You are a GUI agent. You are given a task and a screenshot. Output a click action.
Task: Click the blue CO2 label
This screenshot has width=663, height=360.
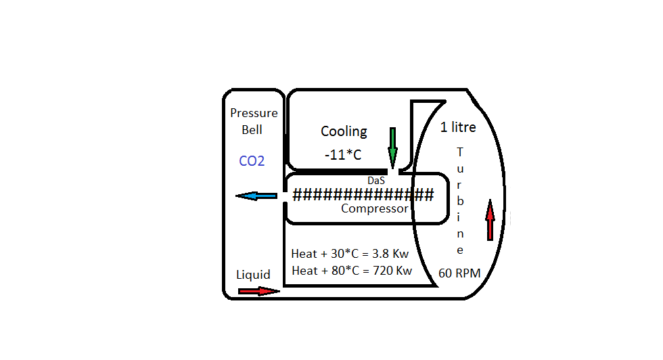252,162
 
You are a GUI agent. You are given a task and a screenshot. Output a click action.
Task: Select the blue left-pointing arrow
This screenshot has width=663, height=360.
256,196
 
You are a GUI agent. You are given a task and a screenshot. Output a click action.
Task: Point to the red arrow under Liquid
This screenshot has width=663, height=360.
258,291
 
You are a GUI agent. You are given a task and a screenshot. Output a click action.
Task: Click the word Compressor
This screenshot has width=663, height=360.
375,209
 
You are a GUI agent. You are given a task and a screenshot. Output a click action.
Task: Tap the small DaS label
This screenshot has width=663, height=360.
375,181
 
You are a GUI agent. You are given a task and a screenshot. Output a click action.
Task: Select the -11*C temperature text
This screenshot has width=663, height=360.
342,155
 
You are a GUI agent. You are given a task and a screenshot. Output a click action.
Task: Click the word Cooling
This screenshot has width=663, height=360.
344,131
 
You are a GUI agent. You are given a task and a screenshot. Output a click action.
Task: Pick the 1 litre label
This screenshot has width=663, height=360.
458,127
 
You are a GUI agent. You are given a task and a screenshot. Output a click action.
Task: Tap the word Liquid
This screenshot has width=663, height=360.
253,275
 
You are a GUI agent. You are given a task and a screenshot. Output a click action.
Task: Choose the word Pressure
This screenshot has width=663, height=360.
254,113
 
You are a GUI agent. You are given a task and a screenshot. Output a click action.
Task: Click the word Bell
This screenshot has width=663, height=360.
252,129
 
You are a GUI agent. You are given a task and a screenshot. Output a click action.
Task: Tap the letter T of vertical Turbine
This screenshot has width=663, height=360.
460,152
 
